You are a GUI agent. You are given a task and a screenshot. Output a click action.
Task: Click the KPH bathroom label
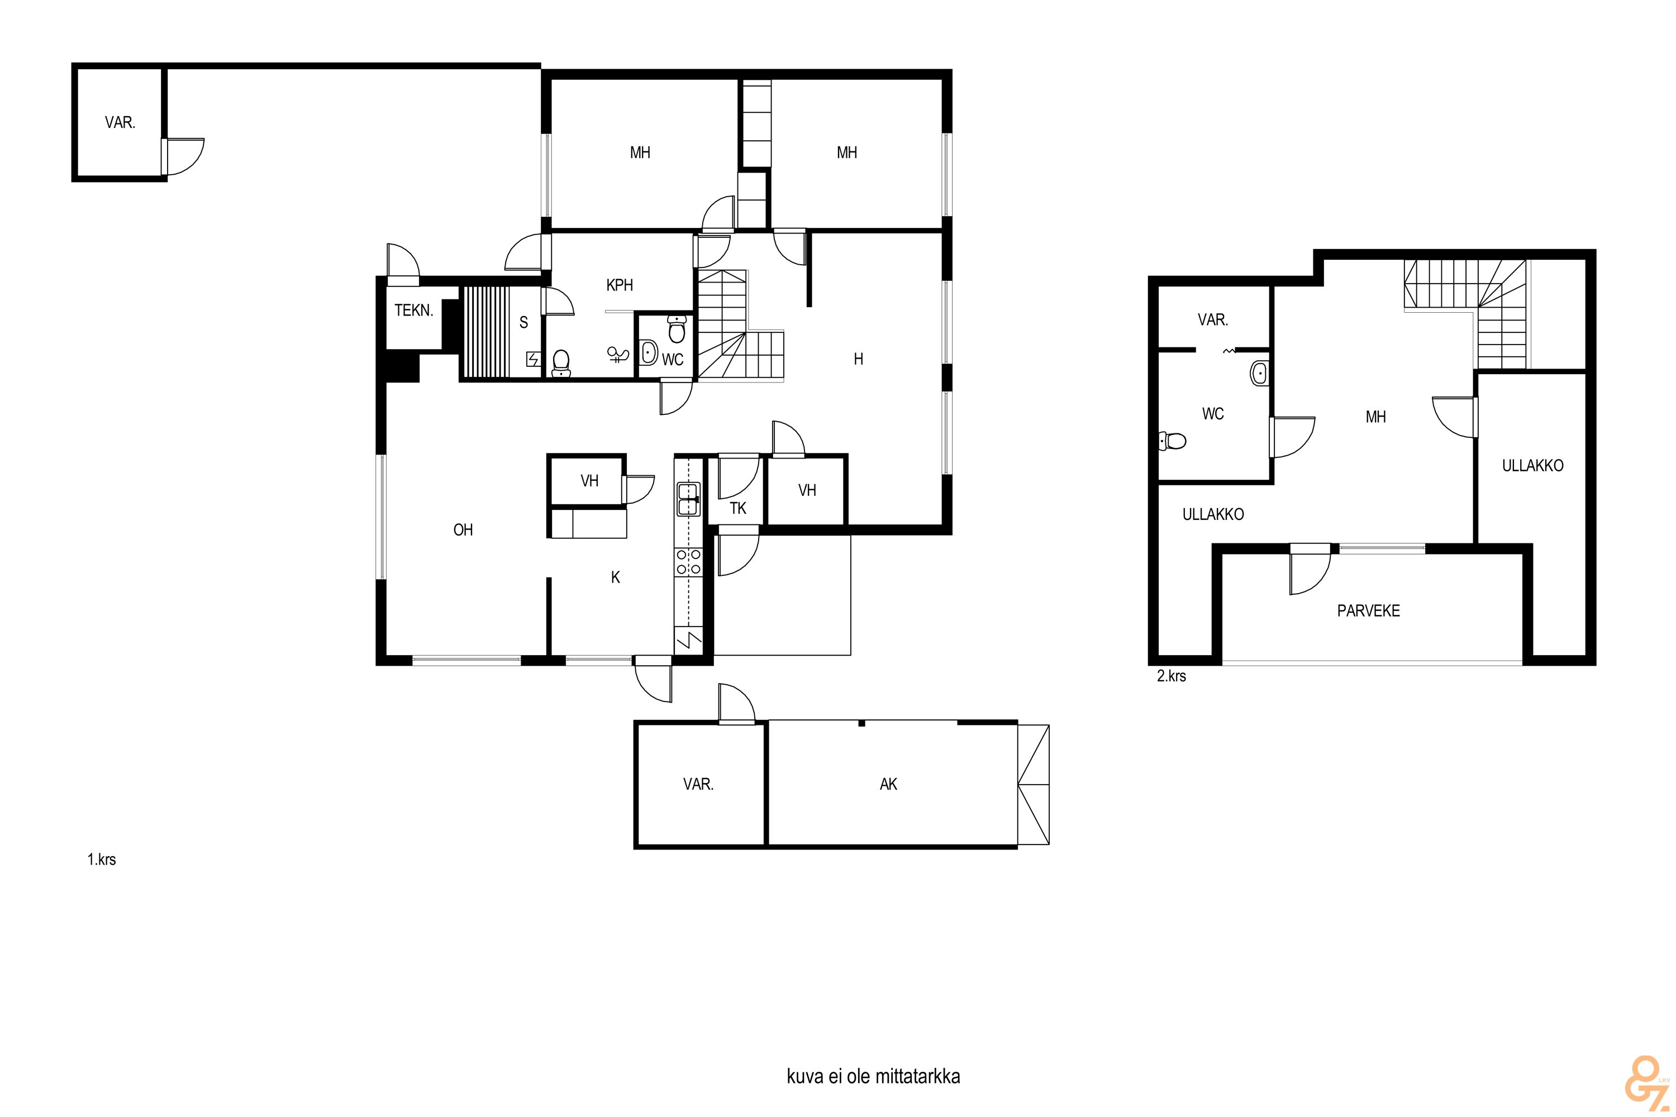[x=619, y=285]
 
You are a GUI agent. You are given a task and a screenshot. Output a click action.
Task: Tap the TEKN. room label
[x=413, y=310]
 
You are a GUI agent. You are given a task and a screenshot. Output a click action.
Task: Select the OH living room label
[x=463, y=529]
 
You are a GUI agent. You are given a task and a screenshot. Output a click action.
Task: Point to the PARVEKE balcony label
[x=1368, y=610]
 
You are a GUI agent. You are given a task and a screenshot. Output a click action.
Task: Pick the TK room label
[x=737, y=508]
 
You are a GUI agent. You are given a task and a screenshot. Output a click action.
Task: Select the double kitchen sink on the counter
[x=688, y=499]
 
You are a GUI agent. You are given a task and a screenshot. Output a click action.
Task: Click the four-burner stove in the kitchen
[x=688, y=561]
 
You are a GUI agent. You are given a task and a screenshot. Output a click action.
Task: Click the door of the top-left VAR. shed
[x=183, y=156]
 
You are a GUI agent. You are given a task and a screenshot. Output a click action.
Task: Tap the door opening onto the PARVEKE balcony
[x=1310, y=570]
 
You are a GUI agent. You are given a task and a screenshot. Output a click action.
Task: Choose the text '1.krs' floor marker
[x=102, y=860]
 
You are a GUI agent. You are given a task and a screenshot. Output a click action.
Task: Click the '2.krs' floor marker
[x=1172, y=676]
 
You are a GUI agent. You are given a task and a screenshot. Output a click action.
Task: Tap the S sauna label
[x=524, y=323]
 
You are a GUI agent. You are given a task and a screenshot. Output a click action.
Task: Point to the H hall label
[x=859, y=359]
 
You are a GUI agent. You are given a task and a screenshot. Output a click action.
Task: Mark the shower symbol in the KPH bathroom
[x=617, y=354]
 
